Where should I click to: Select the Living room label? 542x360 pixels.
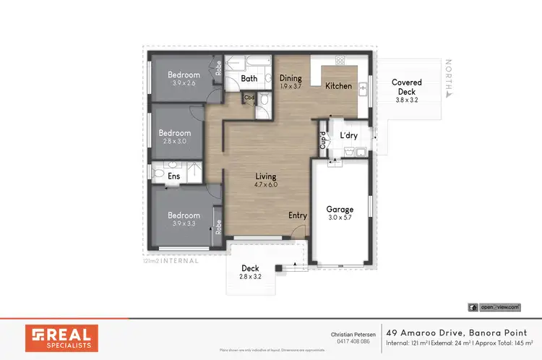coord(265,176)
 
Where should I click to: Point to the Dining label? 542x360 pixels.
coord(291,78)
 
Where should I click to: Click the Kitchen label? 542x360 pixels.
coord(338,86)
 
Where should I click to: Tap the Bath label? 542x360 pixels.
coord(249,79)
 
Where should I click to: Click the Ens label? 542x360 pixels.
coord(174,176)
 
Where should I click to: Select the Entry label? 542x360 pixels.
coord(297,215)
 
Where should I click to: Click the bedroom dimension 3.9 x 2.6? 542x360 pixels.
coord(184,83)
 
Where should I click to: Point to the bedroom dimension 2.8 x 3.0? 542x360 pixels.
coord(175,142)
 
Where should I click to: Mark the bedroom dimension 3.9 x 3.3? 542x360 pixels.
coord(184,224)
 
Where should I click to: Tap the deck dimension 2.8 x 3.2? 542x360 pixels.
coord(250,277)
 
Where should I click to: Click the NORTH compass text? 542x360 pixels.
coord(449,78)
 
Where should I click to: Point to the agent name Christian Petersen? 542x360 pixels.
coord(353,334)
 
